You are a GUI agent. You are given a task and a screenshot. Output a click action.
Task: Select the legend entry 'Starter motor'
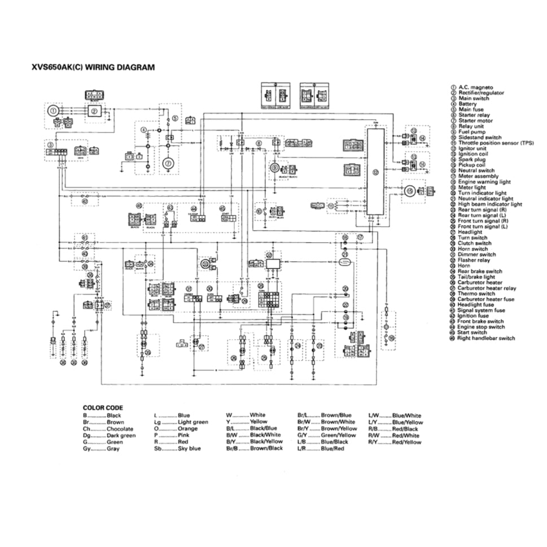pos(475,121)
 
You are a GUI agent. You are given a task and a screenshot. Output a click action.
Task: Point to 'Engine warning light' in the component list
pos(484,182)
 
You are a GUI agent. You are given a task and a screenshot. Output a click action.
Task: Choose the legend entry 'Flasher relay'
pos(474,260)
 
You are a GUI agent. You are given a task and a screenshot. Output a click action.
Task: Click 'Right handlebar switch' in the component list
pos(486,338)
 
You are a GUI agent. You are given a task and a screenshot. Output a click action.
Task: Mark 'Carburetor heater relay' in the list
pos(487,288)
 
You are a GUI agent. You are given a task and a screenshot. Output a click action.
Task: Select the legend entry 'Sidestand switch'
pos(479,137)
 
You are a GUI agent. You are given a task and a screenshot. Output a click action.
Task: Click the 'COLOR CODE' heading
pos(103,408)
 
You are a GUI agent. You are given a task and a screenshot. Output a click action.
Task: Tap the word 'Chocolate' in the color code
pos(120,428)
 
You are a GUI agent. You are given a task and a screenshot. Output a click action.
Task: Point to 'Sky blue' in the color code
pos(189,448)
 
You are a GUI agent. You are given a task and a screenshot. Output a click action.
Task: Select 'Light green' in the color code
pos(192,422)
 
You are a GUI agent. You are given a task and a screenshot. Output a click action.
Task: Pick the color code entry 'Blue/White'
pos(406,415)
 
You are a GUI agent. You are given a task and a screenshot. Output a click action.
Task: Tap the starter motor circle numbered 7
pos(167,164)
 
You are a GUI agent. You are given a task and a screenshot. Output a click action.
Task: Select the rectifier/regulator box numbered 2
pos(94,111)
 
